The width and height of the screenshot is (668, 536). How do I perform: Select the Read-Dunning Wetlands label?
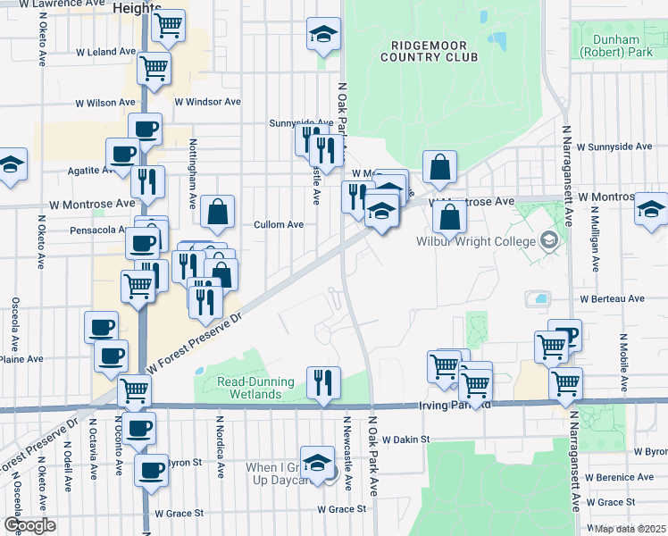coord(255,388)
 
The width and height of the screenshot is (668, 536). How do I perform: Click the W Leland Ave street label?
coord(105,52)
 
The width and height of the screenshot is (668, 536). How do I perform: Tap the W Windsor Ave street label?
coord(207,102)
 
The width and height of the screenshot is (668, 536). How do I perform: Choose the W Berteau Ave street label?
coord(612,298)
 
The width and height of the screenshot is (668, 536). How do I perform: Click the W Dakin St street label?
coord(406,440)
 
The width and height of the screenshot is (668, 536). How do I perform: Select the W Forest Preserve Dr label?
coord(195,343)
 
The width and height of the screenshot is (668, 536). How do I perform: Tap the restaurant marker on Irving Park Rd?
coord(323,382)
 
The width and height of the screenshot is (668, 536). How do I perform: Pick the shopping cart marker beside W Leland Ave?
coord(154,67)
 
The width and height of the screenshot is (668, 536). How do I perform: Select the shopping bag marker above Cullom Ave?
coord(217,212)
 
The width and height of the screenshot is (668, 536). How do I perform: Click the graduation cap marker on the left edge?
coord(11,164)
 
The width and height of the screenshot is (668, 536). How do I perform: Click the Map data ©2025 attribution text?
coord(630,529)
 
